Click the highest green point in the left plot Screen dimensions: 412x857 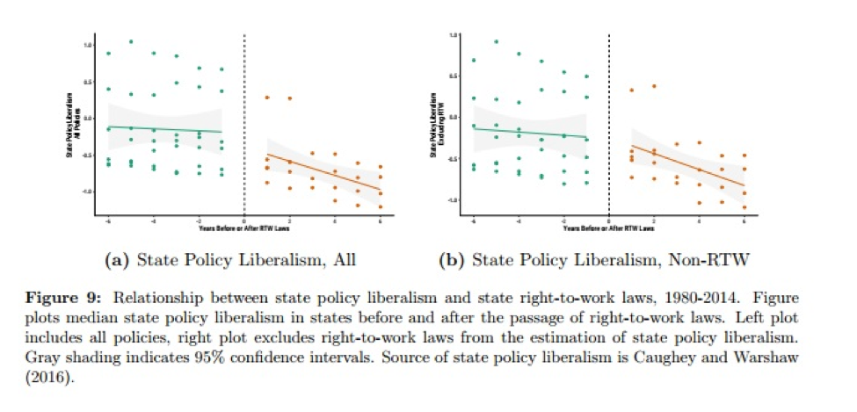click(131, 41)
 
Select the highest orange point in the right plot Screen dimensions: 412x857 click(654, 86)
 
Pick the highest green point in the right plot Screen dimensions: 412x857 click(497, 41)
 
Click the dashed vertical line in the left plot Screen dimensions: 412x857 click(243, 123)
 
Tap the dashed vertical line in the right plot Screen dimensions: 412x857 click(609, 123)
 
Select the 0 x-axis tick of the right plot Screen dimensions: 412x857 click(609, 219)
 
